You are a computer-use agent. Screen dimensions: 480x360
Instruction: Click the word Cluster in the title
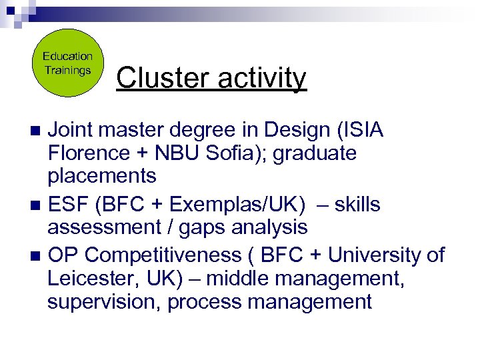pos(156,79)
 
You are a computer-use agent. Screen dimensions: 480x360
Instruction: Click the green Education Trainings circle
pos(68,63)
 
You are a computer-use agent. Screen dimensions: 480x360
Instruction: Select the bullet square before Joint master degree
pos(37,129)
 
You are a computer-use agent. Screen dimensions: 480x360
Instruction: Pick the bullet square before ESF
pos(37,205)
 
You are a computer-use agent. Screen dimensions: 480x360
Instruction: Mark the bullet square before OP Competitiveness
pos(37,255)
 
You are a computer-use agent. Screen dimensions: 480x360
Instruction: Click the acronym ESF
pos(70,204)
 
